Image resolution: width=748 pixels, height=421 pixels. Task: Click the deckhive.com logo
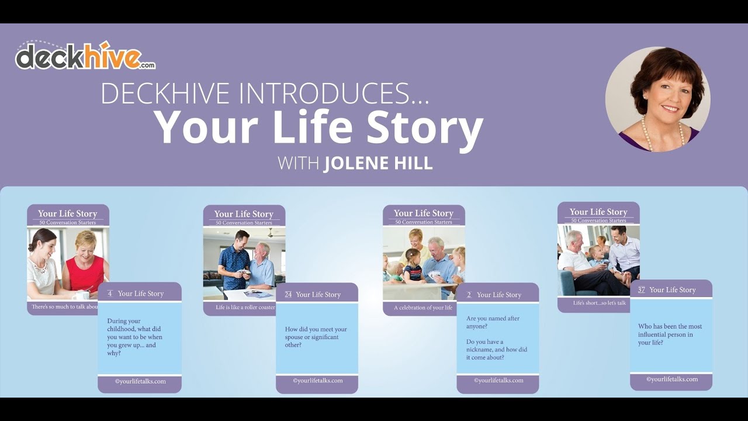tap(85, 57)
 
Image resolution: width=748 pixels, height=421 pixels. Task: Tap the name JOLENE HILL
tap(378, 163)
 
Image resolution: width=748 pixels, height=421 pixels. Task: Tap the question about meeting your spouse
tap(316, 337)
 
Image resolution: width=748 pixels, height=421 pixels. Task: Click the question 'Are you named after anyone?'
tap(493, 322)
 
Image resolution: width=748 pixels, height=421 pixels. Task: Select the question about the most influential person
tap(670, 334)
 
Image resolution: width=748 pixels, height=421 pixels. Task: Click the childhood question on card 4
tap(135, 337)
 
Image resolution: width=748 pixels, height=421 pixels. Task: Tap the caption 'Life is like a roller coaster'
tap(245, 308)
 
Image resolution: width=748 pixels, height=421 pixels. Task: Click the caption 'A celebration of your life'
tap(423, 308)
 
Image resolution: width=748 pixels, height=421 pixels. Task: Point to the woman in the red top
tap(86, 263)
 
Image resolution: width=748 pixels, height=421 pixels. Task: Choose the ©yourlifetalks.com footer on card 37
tap(671, 379)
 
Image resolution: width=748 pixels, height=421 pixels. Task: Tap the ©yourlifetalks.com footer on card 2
tap(498, 381)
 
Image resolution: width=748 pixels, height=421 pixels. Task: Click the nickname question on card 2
tap(497, 350)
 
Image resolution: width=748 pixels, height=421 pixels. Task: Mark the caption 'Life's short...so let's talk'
tap(599, 303)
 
